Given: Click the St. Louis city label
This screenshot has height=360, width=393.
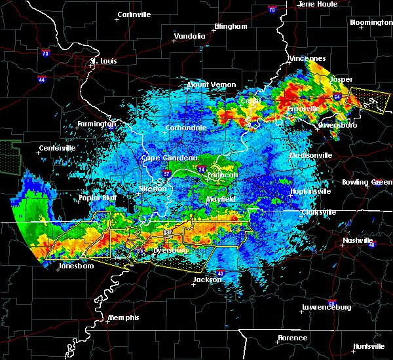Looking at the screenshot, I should pos(103,61).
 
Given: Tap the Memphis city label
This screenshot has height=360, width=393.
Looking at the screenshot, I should pos(125,317).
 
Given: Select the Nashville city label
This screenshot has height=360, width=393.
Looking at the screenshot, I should pos(357,241).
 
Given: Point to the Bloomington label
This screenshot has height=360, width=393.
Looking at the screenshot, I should pos(371,22).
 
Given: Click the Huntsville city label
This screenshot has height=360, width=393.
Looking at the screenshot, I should pos(369,346).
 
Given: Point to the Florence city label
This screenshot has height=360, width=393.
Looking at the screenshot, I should pos(292,338).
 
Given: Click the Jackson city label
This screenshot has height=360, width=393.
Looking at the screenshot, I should pos(207,279).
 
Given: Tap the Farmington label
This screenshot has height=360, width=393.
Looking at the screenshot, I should pos(97,124).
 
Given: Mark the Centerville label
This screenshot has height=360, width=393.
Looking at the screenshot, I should pos(58,148).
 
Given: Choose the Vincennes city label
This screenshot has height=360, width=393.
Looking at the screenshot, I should pos(307,58).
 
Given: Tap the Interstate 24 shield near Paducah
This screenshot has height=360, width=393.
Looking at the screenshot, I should pos(200,169).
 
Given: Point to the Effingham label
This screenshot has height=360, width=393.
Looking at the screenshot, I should pos(231,27).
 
